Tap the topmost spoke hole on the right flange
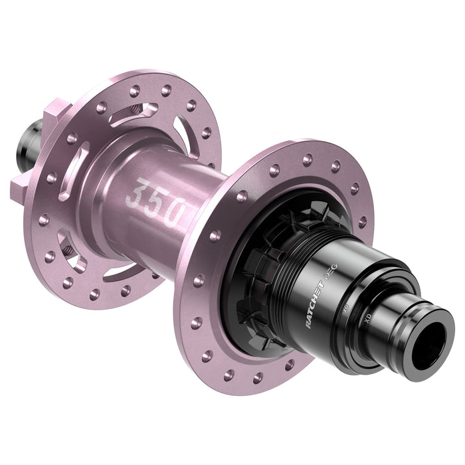tap(307, 159)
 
